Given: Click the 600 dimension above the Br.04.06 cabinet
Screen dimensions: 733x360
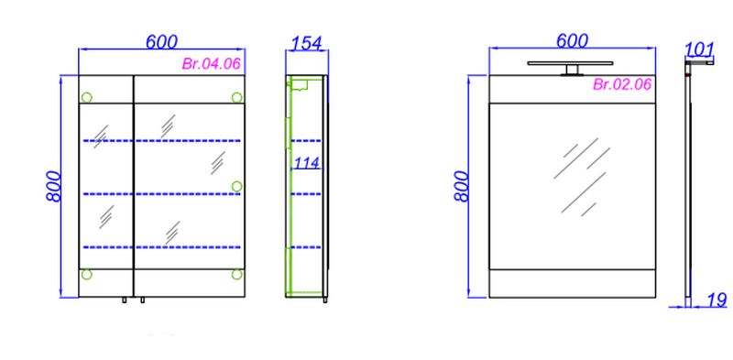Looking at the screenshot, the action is (162, 41).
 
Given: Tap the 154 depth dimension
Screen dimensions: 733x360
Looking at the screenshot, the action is (307, 43).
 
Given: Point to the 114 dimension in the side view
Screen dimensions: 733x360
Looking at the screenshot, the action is (306, 163).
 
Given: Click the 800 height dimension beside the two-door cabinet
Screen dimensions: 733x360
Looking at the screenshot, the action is (54, 187).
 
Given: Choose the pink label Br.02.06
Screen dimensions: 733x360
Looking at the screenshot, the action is (622, 84).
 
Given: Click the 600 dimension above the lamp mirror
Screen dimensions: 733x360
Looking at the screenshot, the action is (572, 41).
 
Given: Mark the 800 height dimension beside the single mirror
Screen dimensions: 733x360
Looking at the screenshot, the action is (461, 186).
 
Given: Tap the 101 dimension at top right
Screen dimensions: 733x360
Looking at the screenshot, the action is (700, 49).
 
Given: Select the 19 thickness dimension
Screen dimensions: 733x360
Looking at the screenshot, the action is (717, 300).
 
